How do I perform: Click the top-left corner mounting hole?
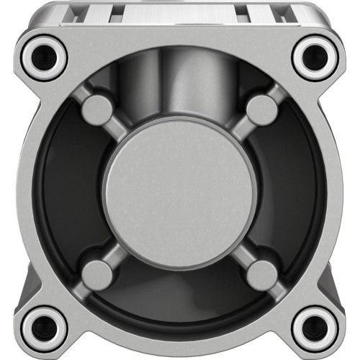pyautogui.click(x=45, y=55)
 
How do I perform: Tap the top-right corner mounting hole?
pyautogui.click(x=315, y=55)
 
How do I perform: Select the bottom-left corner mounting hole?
pyautogui.click(x=45, y=326)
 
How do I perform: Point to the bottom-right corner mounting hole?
pyautogui.click(x=315, y=326)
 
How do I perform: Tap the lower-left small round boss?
pyautogui.click(x=96, y=274)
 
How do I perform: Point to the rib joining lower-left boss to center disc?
pyautogui.click(x=119, y=252)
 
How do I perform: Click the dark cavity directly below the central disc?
pyautogui.click(x=179, y=295)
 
